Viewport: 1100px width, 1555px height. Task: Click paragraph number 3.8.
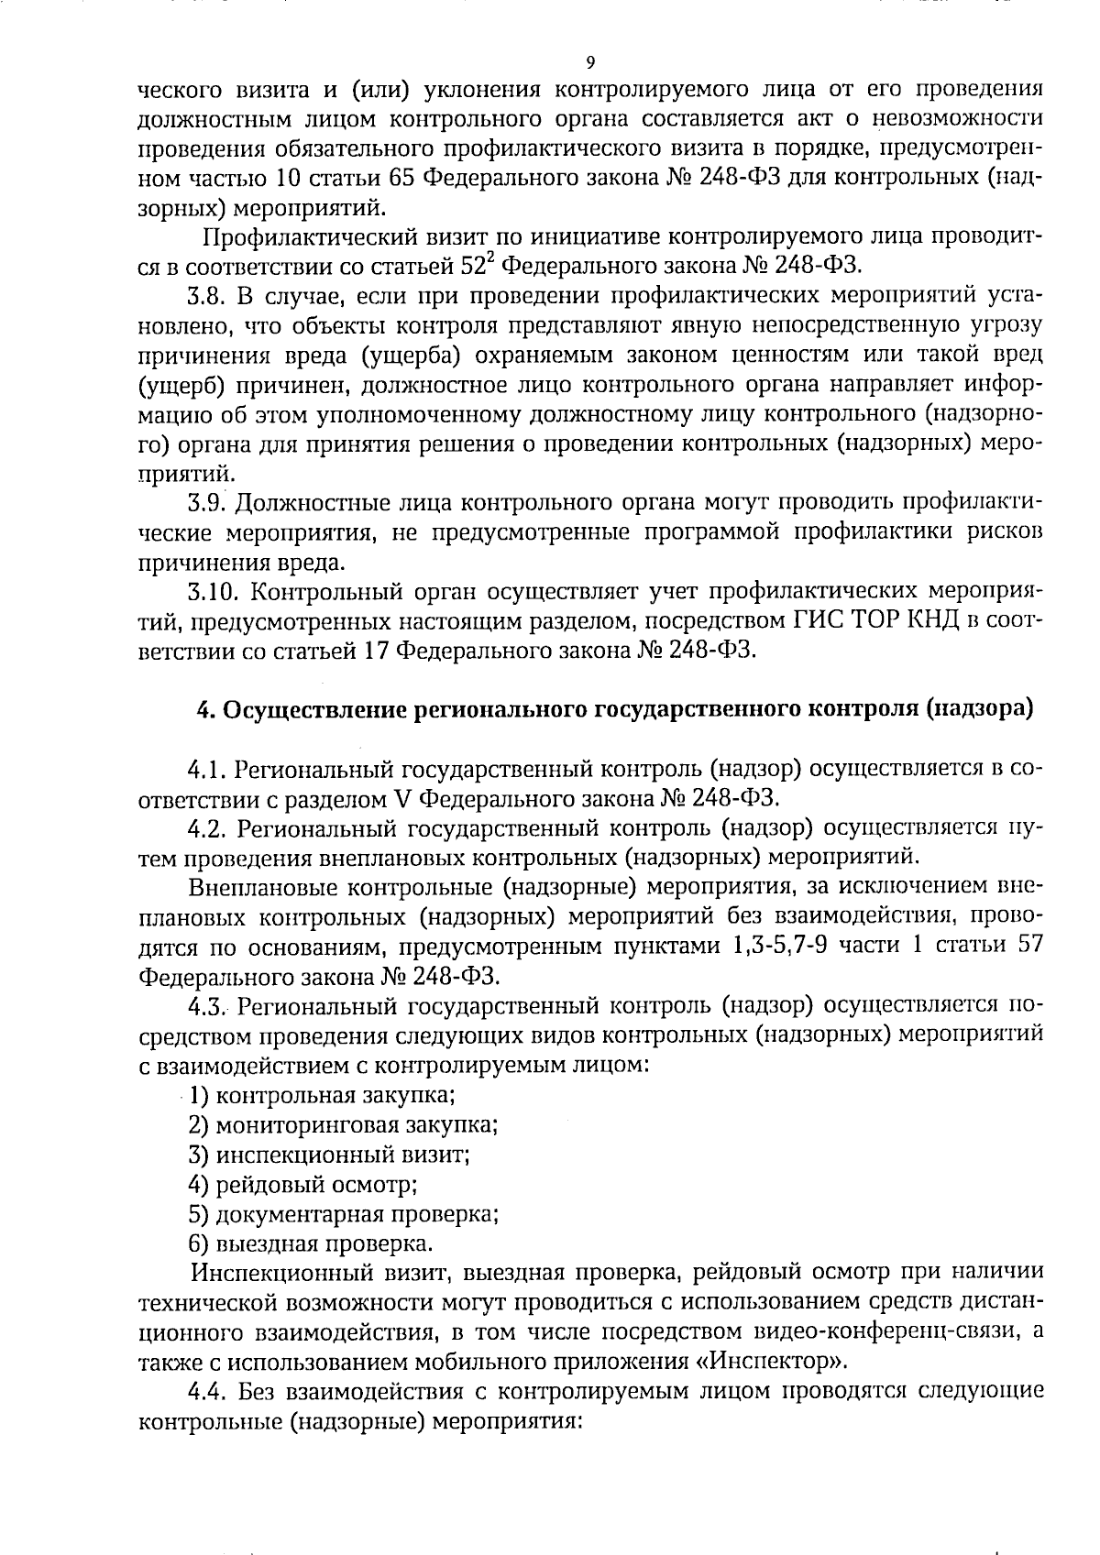206,296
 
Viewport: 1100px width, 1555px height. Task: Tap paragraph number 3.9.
206,503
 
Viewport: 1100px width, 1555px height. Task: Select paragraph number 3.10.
212,592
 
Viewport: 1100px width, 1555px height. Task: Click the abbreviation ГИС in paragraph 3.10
812,621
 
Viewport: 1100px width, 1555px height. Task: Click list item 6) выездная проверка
310,1244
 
